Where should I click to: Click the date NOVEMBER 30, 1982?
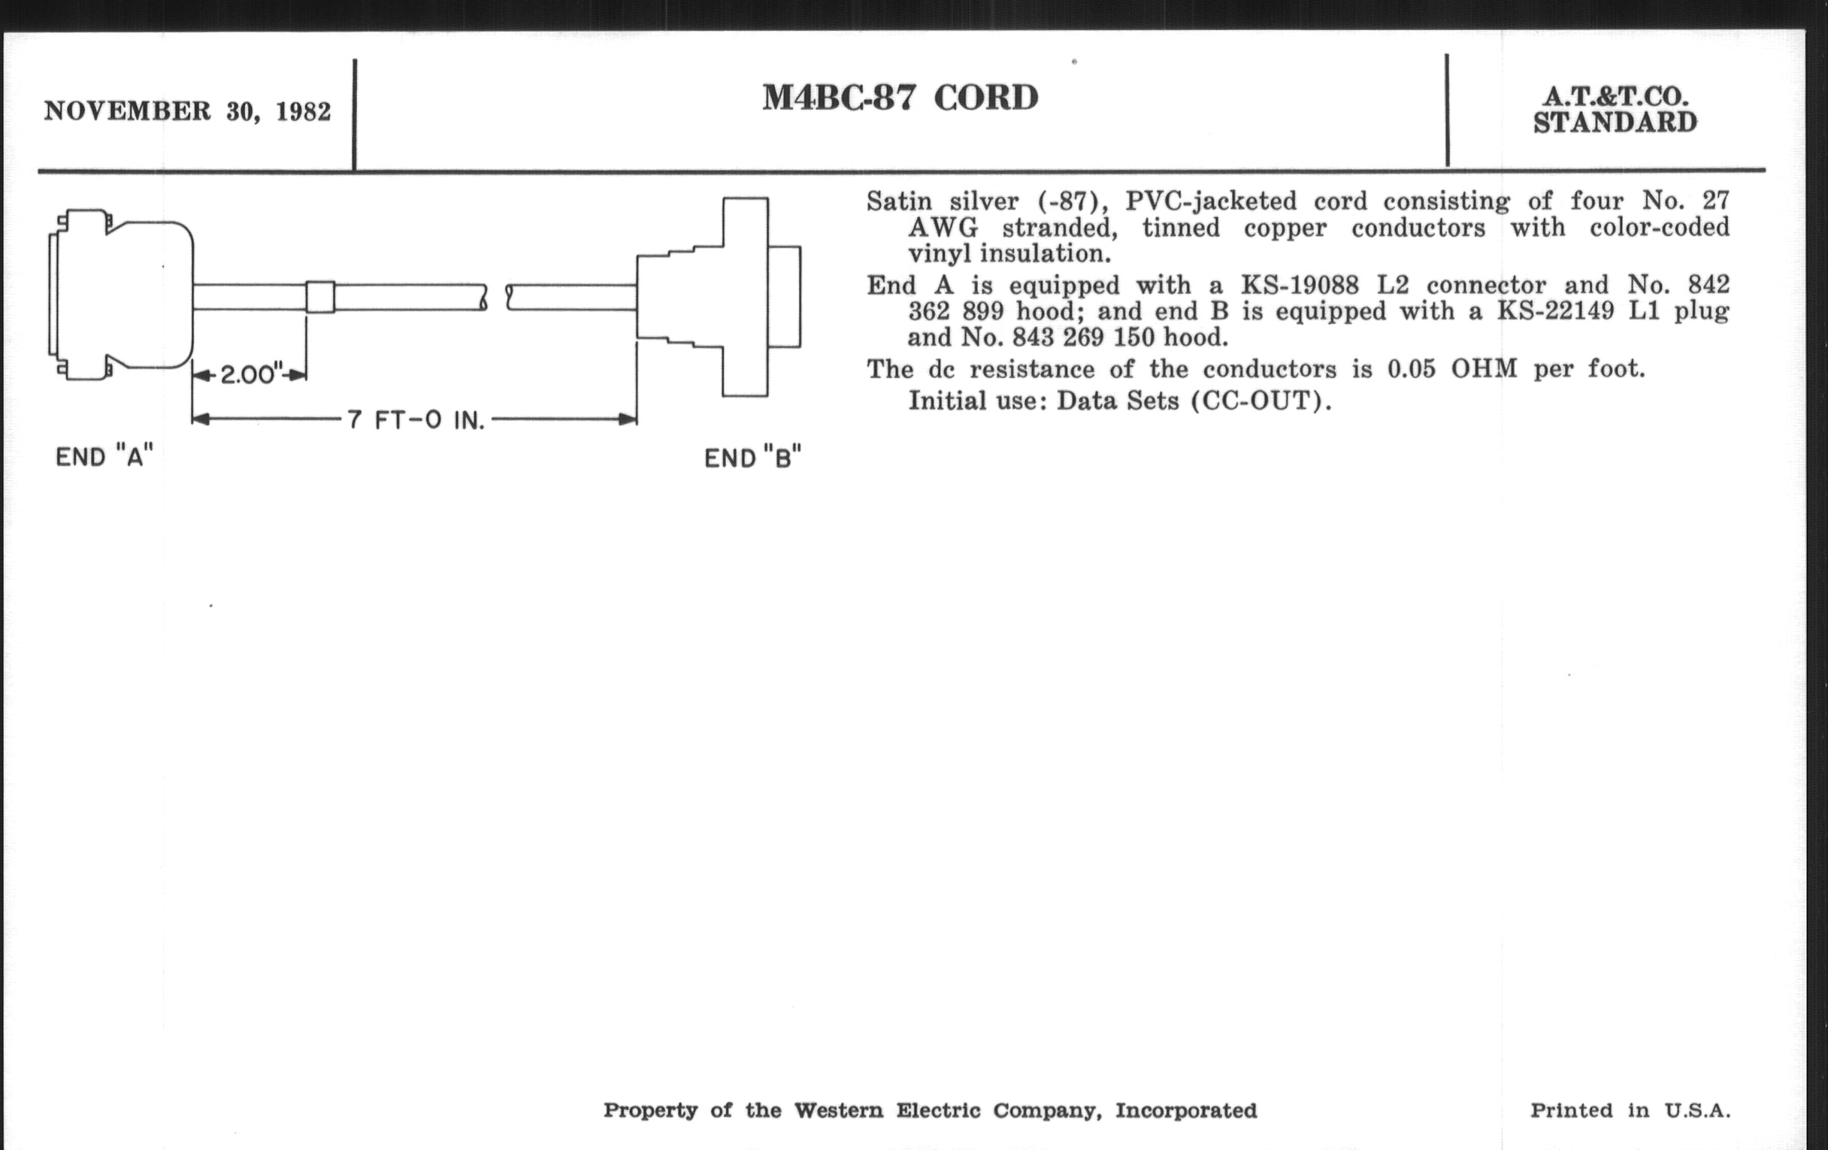pos(187,111)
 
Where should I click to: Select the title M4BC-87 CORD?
pos(900,98)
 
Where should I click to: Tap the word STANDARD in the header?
pos(1615,123)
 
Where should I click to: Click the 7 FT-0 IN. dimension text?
pos(416,419)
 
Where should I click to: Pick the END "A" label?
pos(104,457)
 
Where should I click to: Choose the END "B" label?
pos(753,458)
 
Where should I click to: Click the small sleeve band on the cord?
pos(319,297)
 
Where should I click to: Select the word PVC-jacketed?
pos(1211,202)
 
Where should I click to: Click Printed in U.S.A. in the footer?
pos(1630,1110)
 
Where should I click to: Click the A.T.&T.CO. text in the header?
pos(1615,97)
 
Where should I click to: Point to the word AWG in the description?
pos(943,228)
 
